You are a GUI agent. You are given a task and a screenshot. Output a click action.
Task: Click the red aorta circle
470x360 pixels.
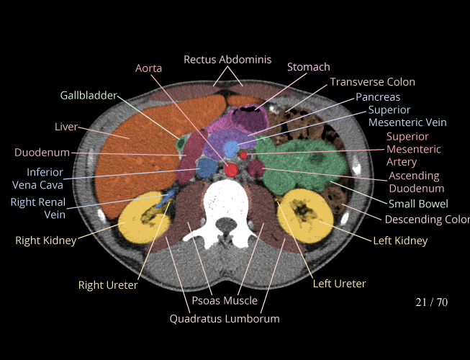(x=232, y=170)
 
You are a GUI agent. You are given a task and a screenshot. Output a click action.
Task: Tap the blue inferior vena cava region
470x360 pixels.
(x=207, y=168)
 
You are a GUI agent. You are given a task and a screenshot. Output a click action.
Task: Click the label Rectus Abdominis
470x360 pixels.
(x=227, y=60)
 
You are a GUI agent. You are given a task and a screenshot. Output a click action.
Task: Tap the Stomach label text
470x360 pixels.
(x=308, y=67)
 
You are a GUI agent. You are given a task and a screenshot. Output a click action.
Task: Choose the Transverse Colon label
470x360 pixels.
(x=372, y=82)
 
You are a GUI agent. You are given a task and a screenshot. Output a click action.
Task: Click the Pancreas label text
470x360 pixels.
(x=377, y=96)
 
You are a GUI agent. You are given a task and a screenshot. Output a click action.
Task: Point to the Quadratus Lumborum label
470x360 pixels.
(x=225, y=318)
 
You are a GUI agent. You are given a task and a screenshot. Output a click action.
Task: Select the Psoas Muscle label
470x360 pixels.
(x=225, y=300)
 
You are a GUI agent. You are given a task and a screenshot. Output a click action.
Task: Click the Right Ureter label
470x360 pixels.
(x=108, y=285)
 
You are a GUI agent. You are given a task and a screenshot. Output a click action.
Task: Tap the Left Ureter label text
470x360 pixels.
(x=339, y=284)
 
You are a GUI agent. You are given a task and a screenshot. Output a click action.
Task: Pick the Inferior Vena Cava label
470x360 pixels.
(x=45, y=178)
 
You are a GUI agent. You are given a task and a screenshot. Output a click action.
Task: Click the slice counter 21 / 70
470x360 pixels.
(x=431, y=302)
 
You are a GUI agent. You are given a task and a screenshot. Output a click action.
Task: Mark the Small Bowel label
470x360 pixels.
(x=418, y=204)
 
